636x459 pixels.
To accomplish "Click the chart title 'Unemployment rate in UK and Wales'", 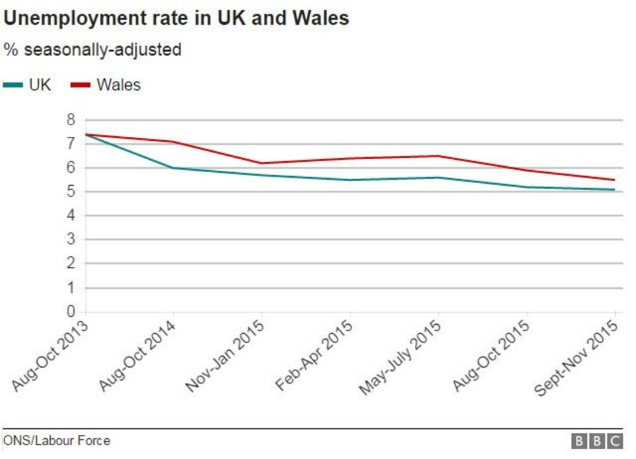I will [x=176, y=18].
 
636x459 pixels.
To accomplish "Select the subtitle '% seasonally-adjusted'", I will [x=93, y=50].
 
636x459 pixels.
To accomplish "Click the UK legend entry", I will [x=27, y=85].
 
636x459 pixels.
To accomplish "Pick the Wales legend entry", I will [x=106, y=85].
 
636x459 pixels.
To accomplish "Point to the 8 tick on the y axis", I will [x=70, y=120].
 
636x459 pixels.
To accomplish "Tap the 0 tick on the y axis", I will [x=70, y=312].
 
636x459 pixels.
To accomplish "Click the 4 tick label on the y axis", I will [x=70, y=216].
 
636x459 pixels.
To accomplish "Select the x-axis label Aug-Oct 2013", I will [x=51, y=356].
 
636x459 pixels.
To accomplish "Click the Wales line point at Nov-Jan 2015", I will [x=261, y=163].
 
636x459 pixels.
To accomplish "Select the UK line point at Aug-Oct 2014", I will [x=173, y=168].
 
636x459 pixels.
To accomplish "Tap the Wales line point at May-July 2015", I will [x=439, y=156].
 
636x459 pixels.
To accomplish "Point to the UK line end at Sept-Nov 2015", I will [x=614, y=190].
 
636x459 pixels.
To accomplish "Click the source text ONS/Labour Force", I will [x=57, y=441].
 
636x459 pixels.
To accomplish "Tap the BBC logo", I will [x=597, y=441].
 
